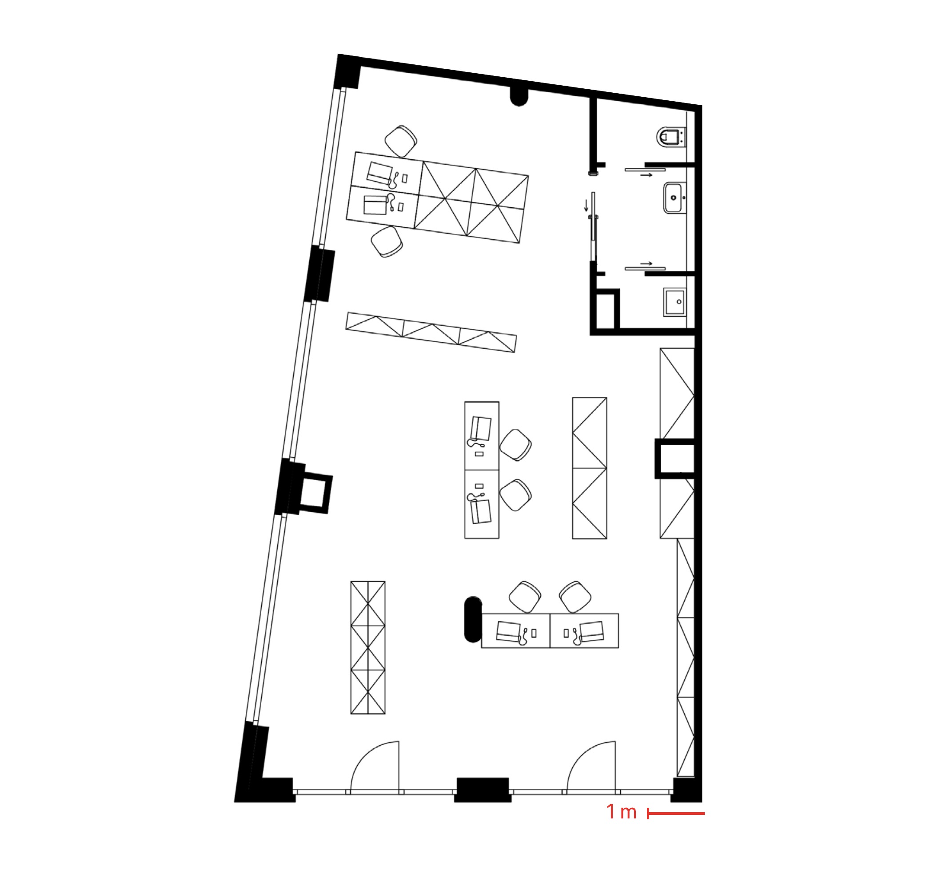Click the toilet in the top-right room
click(671, 137)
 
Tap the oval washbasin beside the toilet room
click(674, 198)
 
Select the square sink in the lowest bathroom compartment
click(675, 302)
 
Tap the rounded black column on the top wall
click(519, 97)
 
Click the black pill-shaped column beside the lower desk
click(473, 620)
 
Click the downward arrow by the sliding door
click(587, 205)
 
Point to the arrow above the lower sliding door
click(647, 264)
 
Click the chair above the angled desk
click(401, 141)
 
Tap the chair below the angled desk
click(387, 241)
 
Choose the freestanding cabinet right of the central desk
click(590, 468)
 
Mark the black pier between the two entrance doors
click(483, 790)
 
